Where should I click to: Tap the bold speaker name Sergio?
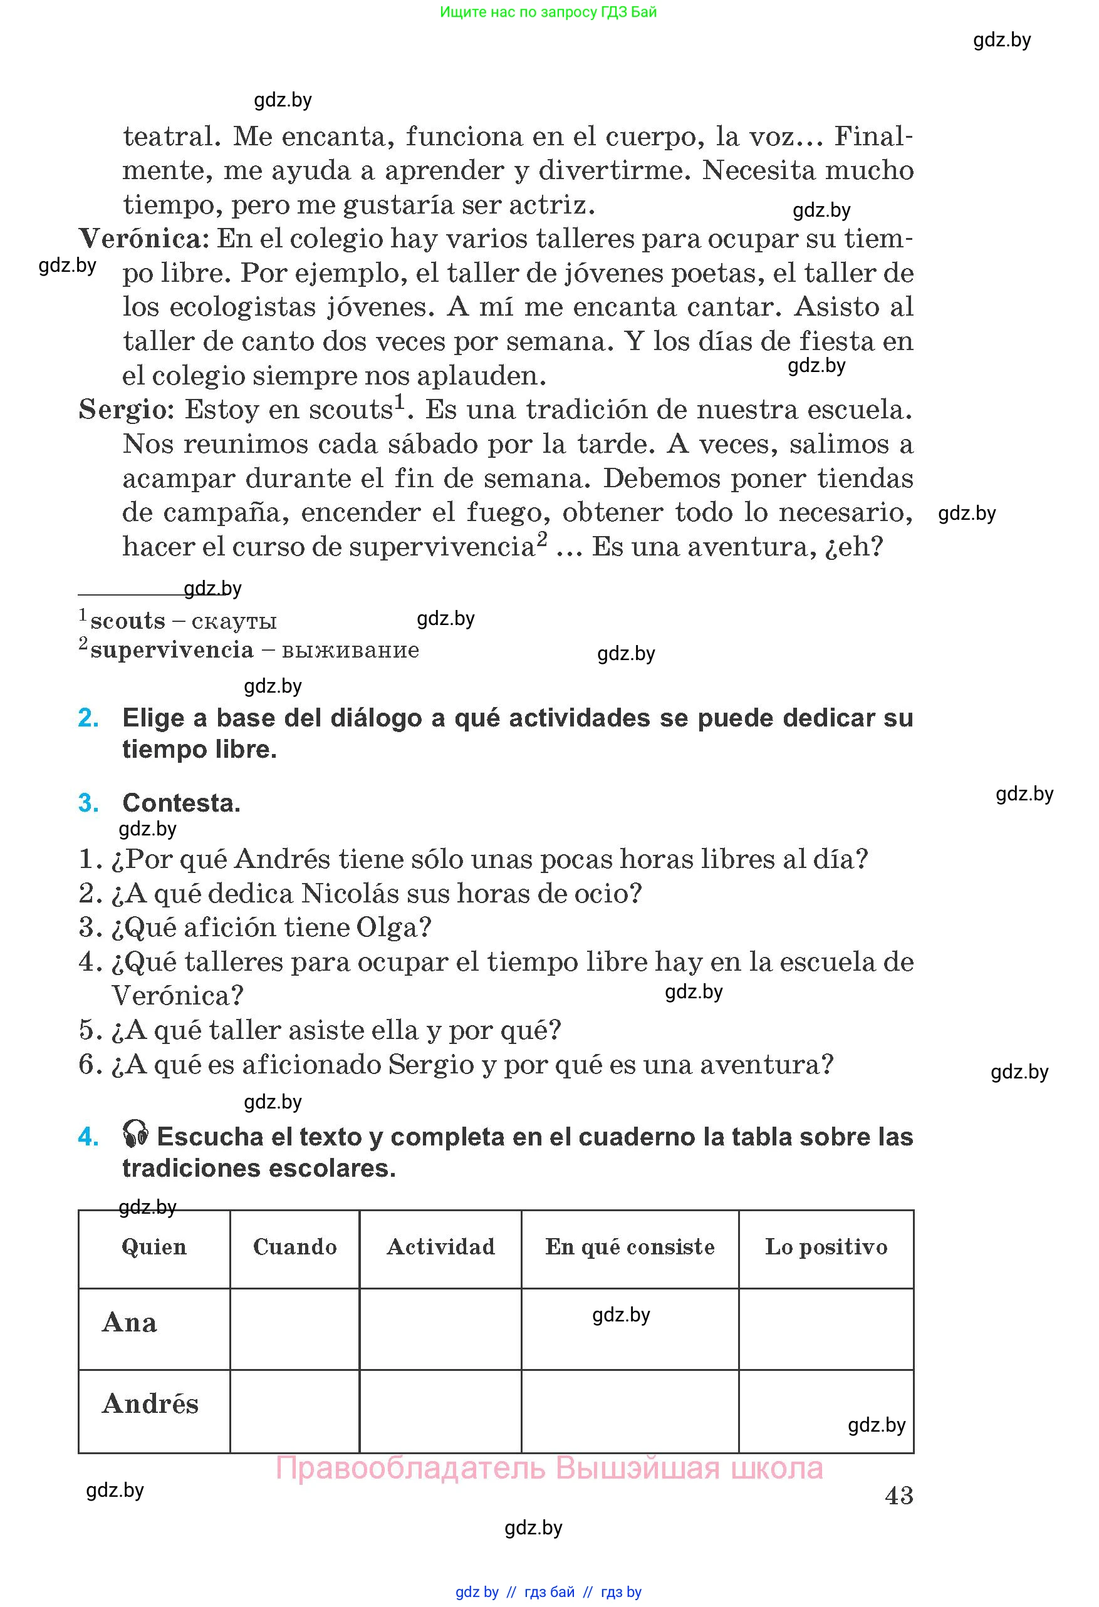click(126, 410)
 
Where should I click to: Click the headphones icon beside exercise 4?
click(135, 1135)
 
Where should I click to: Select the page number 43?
click(898, 1496)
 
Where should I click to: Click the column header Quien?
click(154, 1247)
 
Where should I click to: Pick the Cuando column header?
click(294, 1247)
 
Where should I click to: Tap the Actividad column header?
click(440, 1247)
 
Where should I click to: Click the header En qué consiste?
click(629, 1247)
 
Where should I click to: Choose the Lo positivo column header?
click(826, 1247)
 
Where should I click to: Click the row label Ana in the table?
click(129, 1323)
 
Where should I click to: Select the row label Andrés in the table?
click(150, 1404)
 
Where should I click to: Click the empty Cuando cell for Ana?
click(294, 1328)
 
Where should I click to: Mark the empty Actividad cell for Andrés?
click(440, 1410)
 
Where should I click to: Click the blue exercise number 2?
click(88, 718)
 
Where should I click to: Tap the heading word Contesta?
click(181, 803)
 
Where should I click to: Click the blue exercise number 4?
click(88, 1137)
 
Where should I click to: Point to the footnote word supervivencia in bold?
click(172, 651)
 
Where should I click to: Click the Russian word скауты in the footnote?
click(234, 622)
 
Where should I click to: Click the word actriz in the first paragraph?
click(551, 205)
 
